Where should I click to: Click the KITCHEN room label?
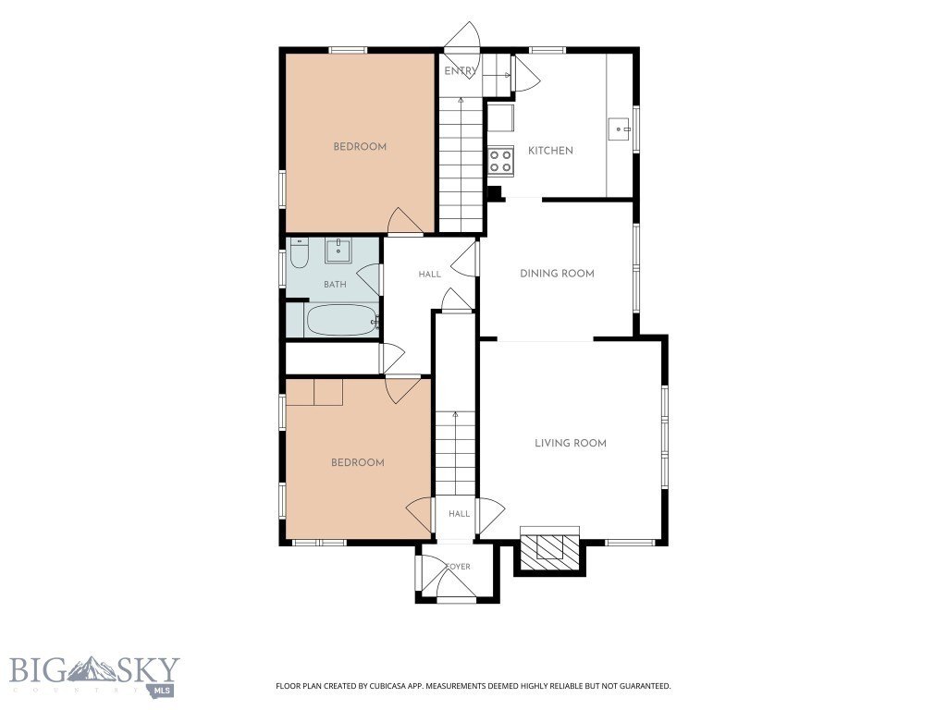tap(550, 151)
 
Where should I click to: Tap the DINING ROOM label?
tap(557, 274)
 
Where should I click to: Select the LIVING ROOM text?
tap(570, 443)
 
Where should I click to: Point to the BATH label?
tap(335, 285)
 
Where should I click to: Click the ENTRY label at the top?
tap(461, 71)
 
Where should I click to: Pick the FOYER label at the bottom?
tap(458, 567)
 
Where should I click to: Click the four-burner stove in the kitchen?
tap(500, 161)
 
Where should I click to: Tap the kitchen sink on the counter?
tap(620, 129)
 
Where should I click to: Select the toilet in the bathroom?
tap(299, 253)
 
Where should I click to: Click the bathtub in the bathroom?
tap(342, 320)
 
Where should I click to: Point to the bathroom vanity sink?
tap(338, 251)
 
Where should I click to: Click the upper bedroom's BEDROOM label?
tap(360, 147)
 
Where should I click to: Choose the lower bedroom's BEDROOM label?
tap(358, 463)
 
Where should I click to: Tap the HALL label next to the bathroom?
tap(429, 275)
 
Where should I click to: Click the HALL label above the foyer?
tap(459, 514)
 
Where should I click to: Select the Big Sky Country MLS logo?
tap(94, 676)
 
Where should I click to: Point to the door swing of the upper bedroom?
tap(405, 220)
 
